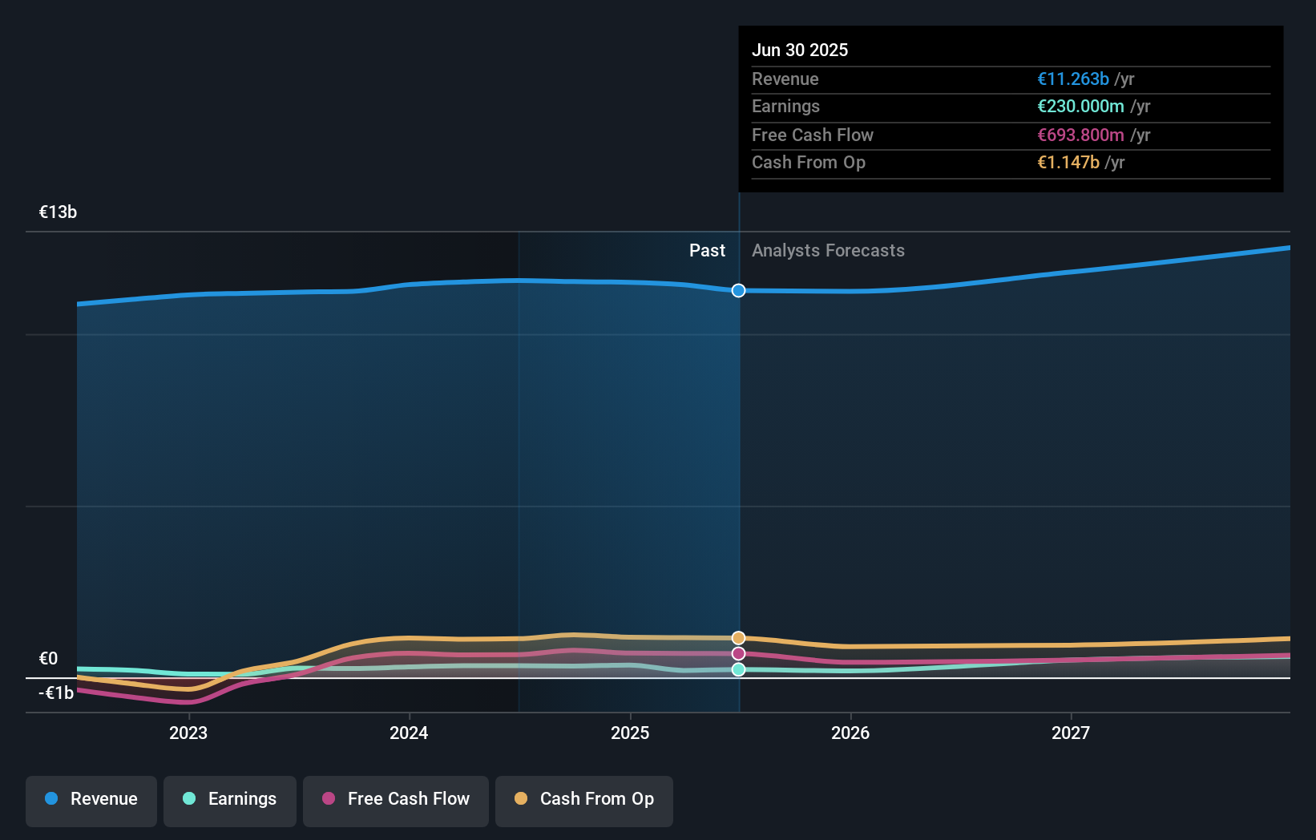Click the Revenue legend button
click(x=91, y=800)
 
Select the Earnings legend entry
click(x=230, y=800)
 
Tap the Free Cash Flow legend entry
click(x=396, y=800)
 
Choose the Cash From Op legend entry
click(x=584, y=800)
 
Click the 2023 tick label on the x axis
click(x=188, y=733)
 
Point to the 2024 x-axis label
click(x=409, y=733)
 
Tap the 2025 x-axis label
click(x=630, y=733)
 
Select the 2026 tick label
click(x=850, y=733)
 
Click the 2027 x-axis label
click(x=1071, y=733)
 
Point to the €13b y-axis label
click(x=58, y=212)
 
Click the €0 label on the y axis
click(x=48, y=659)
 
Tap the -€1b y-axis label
click(x=56, y=693)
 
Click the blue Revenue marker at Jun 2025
click(x=738, y=290)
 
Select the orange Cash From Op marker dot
click(x=738, y=638)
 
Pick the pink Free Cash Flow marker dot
click(x=738, y=653)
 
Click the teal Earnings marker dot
click(x=738, y=669)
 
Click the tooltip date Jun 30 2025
click(x=799, y=50)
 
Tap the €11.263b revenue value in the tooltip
click(x=1072, y=79)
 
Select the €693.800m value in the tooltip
click(x=1080, y=135)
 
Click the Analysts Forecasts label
click(x=827, y=251)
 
